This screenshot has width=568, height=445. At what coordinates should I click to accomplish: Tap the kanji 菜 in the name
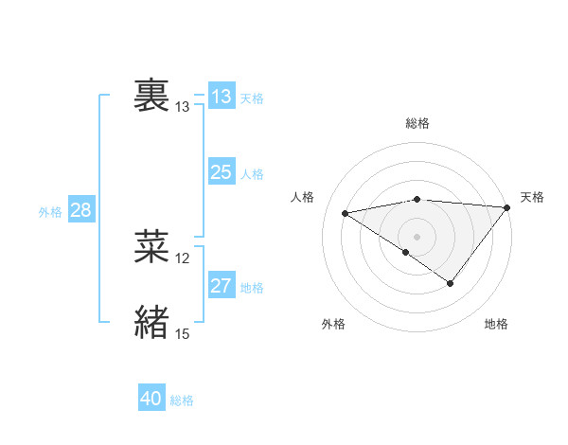pyautogui.click(x=151, y=247)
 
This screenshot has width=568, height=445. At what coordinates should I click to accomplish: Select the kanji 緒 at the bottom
pyautogui.click(x=151, y=322)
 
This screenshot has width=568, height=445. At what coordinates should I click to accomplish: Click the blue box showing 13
pyautogui.click(x=221, y=97)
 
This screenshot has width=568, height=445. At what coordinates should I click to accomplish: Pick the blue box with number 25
pyautogui.click(x=221, y=172)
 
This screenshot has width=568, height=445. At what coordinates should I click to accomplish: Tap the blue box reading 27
pyautogui.click(x=221, y=286)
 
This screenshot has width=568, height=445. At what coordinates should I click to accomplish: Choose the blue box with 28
pyautogui.click(x=80, y=210)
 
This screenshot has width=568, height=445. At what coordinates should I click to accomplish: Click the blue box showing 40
pyautogui.click(x=151, y=399)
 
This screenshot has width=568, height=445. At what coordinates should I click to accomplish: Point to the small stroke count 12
pyautogui.click(x=183, y=258)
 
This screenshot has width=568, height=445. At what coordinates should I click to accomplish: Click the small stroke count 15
pyautogui.click(x=183, y=334)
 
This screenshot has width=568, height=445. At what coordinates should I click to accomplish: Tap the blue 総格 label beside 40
pyautogui.click(x=182, y=400)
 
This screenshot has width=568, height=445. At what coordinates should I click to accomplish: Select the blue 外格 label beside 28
pyautogui.click(x=50, y=212)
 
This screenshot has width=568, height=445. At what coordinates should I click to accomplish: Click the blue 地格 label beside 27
pyautogui.click(x=252, y=288)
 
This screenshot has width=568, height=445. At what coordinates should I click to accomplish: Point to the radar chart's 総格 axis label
pyautogui.click(x=417, y=123)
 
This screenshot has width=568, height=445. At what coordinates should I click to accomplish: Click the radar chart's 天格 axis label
pyautogui.click(x=532, y=197)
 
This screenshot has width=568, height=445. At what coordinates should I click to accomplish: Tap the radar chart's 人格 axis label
pyautogui.click(x=303, y=197)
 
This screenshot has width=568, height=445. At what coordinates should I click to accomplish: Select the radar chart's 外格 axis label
pyautogui.click(x=333, y=324)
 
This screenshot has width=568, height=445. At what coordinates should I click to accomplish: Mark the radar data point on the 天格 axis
pyautogui.click(x=507, y=206)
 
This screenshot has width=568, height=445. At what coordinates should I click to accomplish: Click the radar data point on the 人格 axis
pyautogui.click(x=345, y=212)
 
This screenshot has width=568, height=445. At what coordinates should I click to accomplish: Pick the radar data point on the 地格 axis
pyautogui.click(x=451, y=283)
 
